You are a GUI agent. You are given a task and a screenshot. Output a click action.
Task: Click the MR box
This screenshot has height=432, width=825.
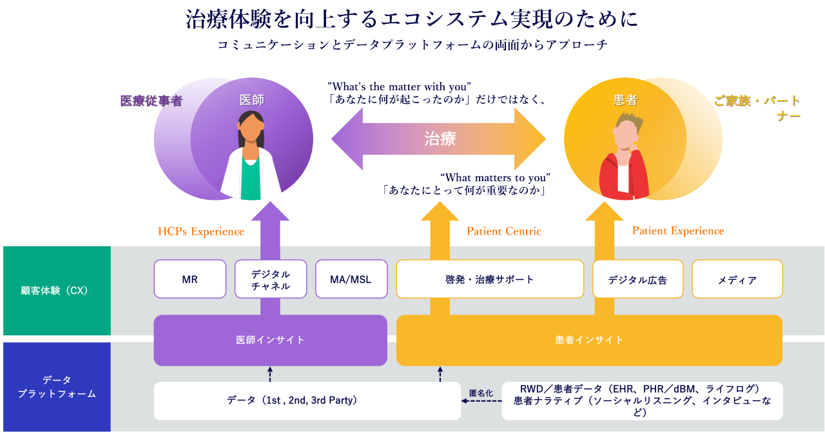(x=189, y=279)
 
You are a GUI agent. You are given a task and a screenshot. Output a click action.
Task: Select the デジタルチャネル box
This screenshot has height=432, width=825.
(x=271, y=279)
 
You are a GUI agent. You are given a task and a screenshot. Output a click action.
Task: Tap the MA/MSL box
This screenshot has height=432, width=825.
(x=351, y=279)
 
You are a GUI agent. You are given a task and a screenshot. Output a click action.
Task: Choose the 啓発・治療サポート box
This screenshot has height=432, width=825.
(x=490, y=279)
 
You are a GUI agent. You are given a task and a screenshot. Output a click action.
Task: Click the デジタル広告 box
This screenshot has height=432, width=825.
(x=637, y=279)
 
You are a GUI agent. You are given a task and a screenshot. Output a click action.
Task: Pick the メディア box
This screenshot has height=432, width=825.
(x=737, y=279)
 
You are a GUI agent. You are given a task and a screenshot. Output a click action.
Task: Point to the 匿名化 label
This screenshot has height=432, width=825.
(x=481, y=393)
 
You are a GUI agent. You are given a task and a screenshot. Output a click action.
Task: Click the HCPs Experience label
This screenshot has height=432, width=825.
(x=201, y=231)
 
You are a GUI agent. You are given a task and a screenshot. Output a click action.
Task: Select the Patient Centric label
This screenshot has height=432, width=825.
(x=504, y=231)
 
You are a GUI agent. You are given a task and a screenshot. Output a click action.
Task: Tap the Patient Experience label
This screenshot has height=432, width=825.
(x=678, y=231)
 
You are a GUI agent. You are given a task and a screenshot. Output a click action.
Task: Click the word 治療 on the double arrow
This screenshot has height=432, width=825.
(x=440, y=138)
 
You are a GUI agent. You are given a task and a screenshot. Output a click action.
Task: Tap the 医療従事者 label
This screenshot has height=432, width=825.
(x=151, y=101)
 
